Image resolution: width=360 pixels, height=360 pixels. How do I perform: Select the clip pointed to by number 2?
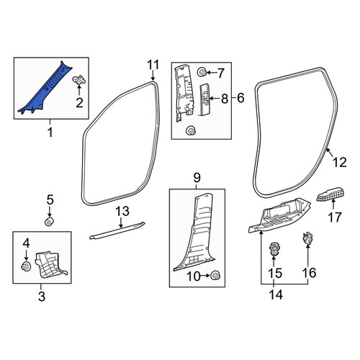tap(79, 79)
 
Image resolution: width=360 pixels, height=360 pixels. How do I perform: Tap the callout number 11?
tap(153, 65)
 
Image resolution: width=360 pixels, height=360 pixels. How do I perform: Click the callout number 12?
tap(340, 162)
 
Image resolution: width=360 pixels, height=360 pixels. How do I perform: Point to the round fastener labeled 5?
tap(49, 222)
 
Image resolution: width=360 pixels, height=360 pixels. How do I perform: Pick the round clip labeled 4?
tap(26, 266)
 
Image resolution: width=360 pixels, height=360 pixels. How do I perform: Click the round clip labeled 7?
tap(201, 72)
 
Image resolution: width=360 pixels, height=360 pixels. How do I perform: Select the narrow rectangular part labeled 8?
tap(205, 99)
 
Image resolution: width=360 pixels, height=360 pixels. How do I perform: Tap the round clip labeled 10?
tap(215, 275)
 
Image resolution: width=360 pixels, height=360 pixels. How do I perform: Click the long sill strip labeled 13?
tap(117, 230)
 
